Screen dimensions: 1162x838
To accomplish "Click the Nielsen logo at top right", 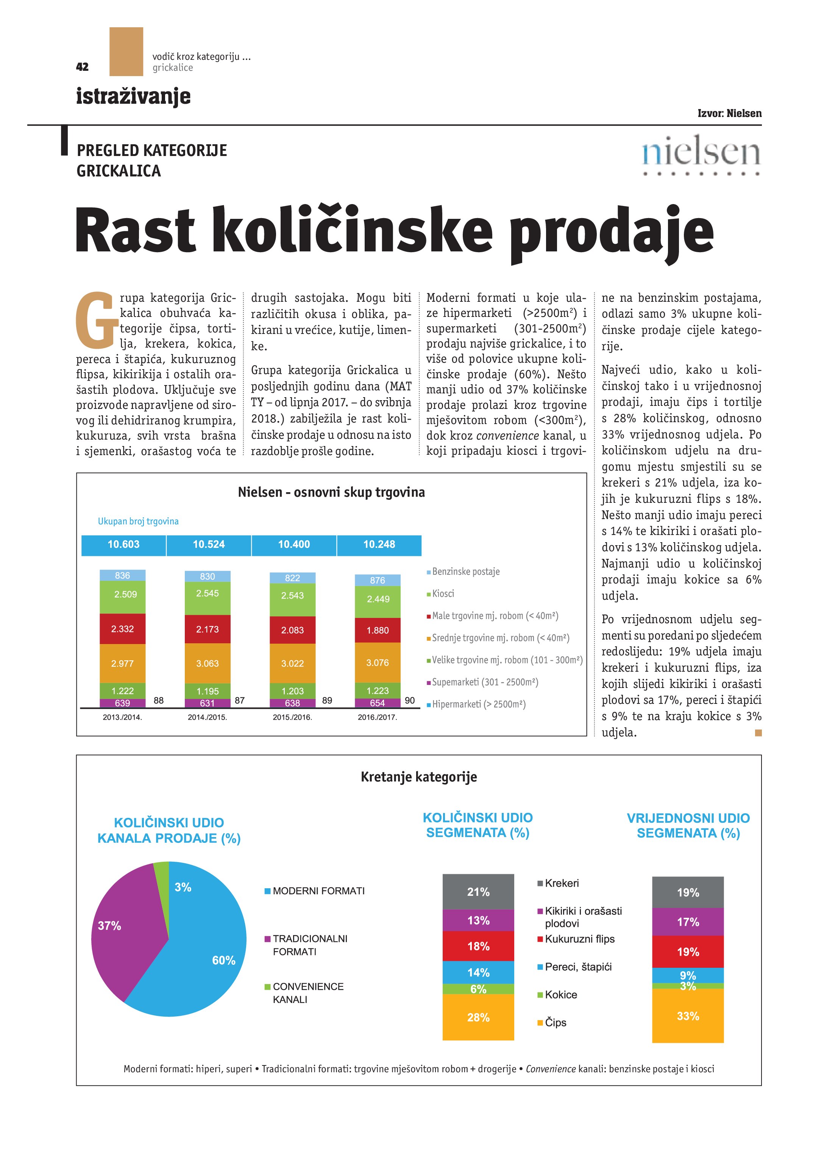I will [701, 155].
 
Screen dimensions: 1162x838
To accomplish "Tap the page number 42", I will [82, 67].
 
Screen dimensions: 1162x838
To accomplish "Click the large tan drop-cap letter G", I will [94, 319].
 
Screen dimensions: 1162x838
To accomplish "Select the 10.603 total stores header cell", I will [123, 544].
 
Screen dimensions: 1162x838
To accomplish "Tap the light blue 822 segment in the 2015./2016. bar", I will [292, 578].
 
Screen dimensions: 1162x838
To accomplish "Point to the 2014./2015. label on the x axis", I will [207, 717].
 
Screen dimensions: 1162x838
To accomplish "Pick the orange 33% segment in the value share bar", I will [687, 1016].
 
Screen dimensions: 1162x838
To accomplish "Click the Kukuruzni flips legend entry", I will [579, 939].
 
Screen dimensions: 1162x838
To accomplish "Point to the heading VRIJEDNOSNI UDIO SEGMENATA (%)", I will [688, 825].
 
